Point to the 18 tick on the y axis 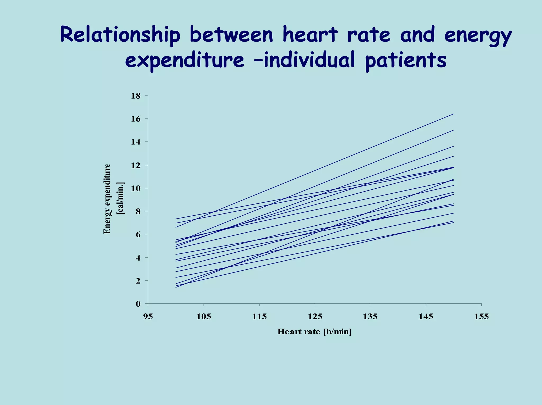[x=135, y=96]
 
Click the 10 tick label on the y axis [x=135, y=188]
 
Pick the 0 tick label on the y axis [x=138, y=304]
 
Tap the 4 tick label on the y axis [x=138, y=257]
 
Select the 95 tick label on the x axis [x=148, y=316]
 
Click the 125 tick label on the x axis [x=315, y=316]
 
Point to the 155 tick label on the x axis [x=481, y=316]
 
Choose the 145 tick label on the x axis [x=426, y=316]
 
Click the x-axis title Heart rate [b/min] [x=314, y=332]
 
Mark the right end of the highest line [x=454, y=114]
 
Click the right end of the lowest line [x=454, y=222]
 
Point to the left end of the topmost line [x=176, y=219]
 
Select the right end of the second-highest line [x=454, y=130]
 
